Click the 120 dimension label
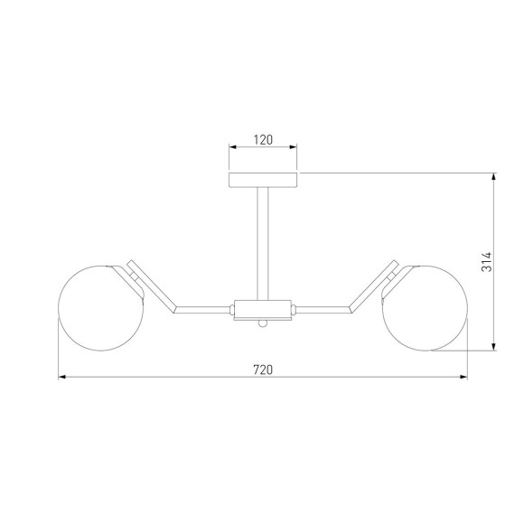(263, 140)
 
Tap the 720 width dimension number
(263, 370)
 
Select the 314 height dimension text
(487, 262)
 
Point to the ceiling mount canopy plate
(263, 180)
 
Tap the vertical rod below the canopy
(263, 244)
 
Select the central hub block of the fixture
(263, 309)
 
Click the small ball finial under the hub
(263, 323)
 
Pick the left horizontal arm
(203, 310)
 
